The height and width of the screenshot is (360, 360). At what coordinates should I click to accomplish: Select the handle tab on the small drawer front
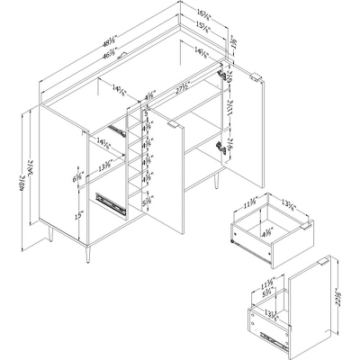pyautogui.click(x=308, y=226)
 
